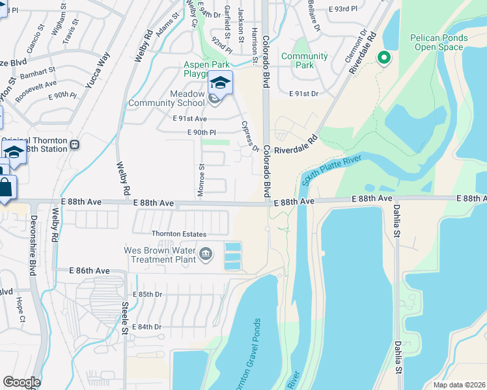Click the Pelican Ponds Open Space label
pyautogui.click(x=438, y=43)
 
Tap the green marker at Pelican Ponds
pyautogui.click(x=383, y=58)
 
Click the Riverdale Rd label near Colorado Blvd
pyautogui.click(x=295, y=145)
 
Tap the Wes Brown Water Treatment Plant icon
pyautogui.click(x=206, y=254)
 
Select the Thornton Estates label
pyautogui.click(x=178, y=234)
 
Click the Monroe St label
pyautogui.click(x=201, y=181)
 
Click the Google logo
pyautogui.click(x=21, y=382)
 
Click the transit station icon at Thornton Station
pyautogui.click(x=76, y=144)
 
